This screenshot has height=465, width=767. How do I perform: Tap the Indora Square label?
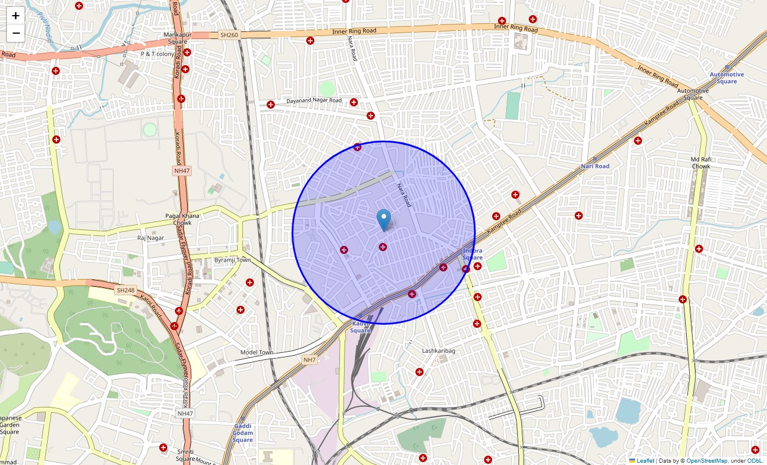click(472, 254)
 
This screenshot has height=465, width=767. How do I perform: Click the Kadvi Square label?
click(360, 327)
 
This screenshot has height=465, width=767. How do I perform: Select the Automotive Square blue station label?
click(726, 77)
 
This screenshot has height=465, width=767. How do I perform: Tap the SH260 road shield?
click(230, 35)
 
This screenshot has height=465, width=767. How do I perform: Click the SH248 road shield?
click(125, 290)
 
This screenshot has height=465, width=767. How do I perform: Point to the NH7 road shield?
click(310, 360)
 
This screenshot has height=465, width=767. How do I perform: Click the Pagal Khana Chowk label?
click(182, 219)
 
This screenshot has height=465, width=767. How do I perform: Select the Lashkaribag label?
click(439, 351)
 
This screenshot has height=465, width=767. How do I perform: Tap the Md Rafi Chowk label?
click(701, 163)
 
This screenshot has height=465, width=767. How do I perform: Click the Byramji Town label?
click(232, 260)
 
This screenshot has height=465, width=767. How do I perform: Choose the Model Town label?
click(257, 352)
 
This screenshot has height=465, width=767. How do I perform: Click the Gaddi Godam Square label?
click(243, 433)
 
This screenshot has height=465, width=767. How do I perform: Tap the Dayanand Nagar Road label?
click(314, 101)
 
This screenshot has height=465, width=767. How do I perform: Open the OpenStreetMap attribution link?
click(707, 461)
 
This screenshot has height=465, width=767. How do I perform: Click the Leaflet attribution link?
click(645, 461)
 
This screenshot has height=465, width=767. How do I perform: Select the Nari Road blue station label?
click(595, 166)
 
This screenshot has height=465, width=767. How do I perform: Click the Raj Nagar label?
click(150, 238)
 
